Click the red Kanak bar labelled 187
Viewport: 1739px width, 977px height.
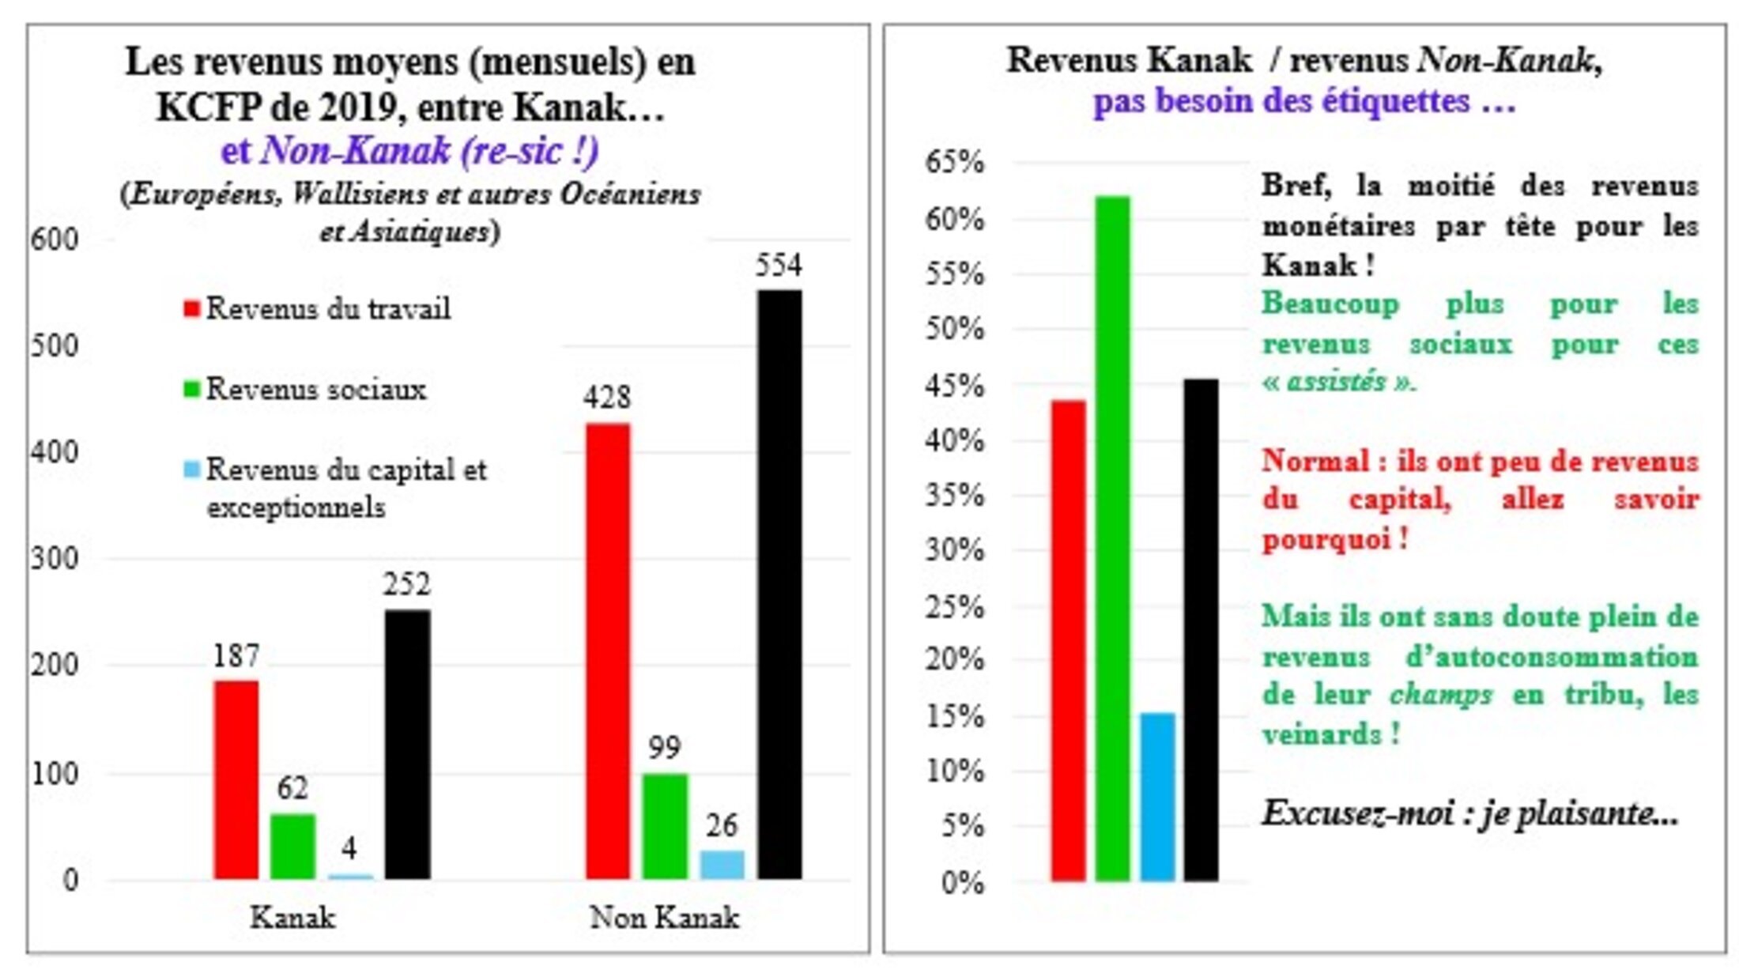point(236,779)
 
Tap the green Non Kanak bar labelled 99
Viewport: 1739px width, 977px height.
point(664,825)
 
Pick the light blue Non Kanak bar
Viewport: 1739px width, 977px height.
point(722,864)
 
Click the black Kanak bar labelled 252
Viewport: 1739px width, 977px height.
point(408,743)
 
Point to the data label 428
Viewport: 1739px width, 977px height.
point(607,397)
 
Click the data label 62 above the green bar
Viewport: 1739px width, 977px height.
point(292,788)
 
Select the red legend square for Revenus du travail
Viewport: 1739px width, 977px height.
point(191,308)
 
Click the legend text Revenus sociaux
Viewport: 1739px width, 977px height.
point(316,389)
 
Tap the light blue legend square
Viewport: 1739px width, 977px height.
point(191,470)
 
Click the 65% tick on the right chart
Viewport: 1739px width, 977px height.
point(955,163)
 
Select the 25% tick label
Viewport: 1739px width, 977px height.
point(955,607)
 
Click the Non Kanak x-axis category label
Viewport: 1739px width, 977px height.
point(664,918)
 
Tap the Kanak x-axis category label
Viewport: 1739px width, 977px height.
point(292,918)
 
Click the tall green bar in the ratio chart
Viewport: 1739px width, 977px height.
point(1112,538)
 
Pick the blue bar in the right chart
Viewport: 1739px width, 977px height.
point(1157,796)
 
